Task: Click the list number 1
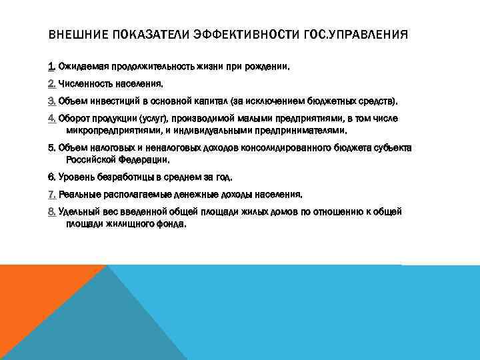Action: click(51, 67)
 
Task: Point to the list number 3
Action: click(52, 101)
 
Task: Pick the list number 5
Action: click(52, 147)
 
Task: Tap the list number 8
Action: click(52, 211)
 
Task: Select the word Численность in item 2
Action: click(84, 84)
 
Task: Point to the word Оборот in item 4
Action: click(75, 118)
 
